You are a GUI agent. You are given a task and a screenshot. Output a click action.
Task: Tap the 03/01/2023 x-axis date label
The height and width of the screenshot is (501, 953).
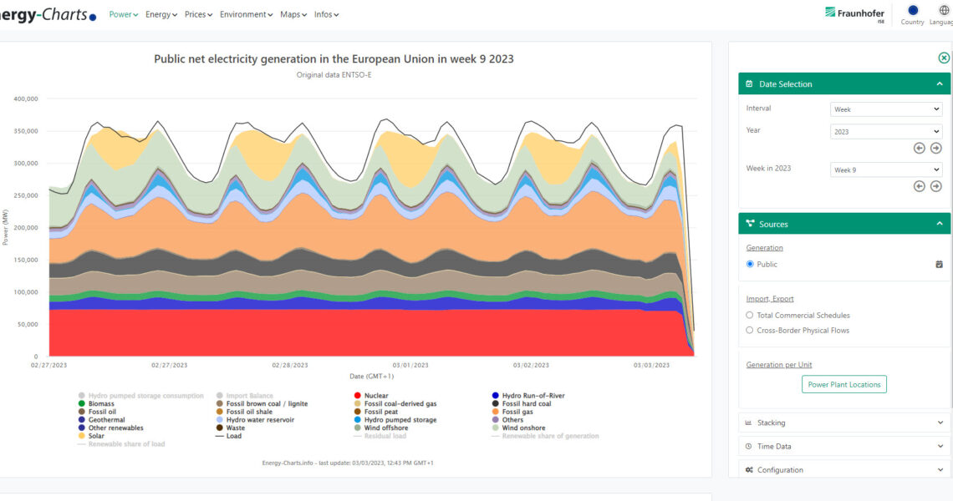410,365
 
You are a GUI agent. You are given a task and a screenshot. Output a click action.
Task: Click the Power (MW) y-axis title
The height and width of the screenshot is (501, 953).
7,227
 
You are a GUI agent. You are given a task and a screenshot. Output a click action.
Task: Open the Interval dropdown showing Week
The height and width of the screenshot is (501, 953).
886,109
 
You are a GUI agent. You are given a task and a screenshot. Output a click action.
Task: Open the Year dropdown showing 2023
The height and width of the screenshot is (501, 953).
886,131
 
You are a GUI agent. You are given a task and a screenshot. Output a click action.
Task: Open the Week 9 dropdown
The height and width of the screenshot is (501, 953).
886,170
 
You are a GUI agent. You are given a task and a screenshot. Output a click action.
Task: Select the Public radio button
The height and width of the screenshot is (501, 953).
750,264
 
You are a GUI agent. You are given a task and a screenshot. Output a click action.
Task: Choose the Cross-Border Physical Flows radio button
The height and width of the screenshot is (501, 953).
750,331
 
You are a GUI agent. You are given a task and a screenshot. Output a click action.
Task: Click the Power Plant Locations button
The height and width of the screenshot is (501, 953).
844,384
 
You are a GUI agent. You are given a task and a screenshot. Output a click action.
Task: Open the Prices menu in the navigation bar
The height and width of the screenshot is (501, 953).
198,14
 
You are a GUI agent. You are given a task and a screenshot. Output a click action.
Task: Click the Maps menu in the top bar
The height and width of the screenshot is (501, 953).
293,14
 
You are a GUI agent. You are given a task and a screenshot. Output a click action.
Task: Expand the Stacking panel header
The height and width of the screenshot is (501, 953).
844,423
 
